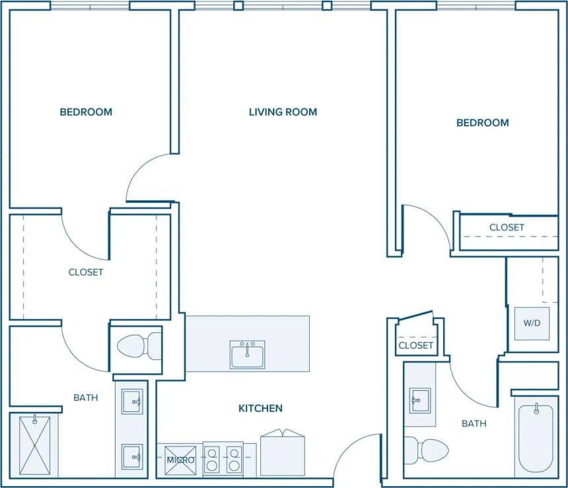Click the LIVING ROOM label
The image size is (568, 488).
click(283, 112)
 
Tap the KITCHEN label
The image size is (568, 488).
click(260, 409)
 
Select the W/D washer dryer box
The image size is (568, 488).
click(532, 324)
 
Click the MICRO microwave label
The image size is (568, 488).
click(180, 460)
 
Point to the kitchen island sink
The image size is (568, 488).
click(248, 355)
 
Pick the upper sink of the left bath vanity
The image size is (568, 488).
click(131, 401)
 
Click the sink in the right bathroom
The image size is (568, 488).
click(419, 401)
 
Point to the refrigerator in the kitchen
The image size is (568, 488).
click(283, 454)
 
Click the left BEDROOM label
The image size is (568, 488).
click(86, 112)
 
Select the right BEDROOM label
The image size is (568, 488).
click(483, 123)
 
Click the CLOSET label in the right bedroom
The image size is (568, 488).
click(507, 227)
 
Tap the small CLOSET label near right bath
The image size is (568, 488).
click(416, 345)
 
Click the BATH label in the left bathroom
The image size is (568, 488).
click(86, 398)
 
